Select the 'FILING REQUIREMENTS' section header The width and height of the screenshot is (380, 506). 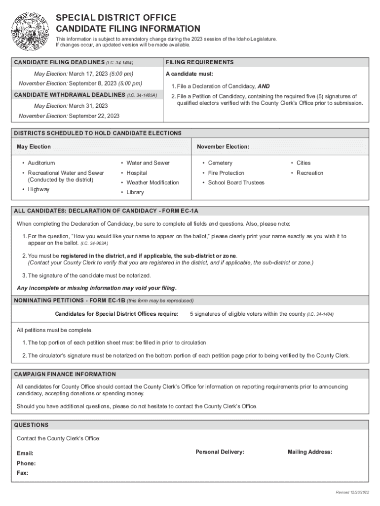(x=199, y=62)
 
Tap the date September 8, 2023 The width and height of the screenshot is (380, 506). (x=105, y=84)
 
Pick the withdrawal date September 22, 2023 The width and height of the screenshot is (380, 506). (x=94, y=116)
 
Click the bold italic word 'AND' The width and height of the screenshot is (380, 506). (x=264, y=86)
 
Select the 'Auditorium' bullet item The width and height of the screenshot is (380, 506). (x=41, y=163)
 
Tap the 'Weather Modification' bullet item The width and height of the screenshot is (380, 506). (x=152, y=183)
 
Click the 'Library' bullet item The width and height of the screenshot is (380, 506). (x=135, y=192)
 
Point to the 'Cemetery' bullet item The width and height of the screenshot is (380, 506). (x=220, y=163)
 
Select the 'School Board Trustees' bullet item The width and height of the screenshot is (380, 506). (x=236, y=183)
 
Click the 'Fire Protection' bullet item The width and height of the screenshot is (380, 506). (x=226, y=173)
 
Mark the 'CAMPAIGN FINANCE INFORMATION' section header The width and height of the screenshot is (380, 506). (x=65, y=374)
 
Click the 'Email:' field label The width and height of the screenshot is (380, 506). (x=25, y=453)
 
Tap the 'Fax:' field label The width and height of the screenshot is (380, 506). (x=23, y=473)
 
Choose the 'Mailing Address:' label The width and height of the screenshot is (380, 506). (x=310, y=452)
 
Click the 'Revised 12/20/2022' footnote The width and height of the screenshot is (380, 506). (x=352, y=492)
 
